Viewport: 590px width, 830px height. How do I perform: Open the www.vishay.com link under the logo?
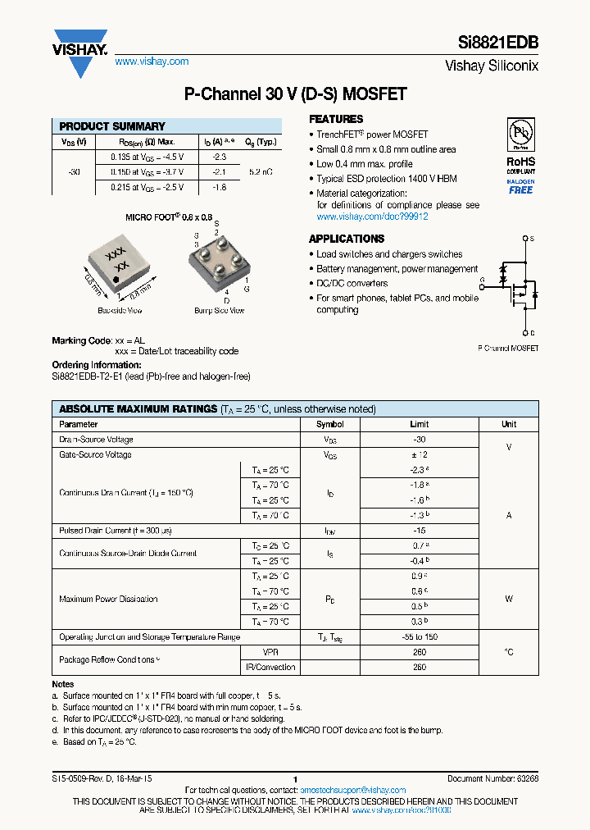coord(152,62)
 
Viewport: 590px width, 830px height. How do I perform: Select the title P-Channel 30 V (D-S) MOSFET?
coord(295,94)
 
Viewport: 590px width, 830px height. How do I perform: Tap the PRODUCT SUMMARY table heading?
coord(112,126)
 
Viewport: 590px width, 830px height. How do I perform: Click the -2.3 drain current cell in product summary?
coord(219,156)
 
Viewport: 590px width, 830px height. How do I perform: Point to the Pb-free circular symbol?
coord(520,134)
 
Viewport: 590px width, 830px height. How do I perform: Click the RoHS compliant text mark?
coord(520,162)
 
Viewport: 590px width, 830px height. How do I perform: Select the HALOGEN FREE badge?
coord(520,186)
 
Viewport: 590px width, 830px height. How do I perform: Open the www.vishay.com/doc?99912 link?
coord(372,217)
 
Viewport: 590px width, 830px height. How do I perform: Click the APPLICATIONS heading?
coord(347,239)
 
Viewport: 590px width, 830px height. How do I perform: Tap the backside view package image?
coord(120,267)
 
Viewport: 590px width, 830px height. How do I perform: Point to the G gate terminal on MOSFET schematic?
coord(483,280)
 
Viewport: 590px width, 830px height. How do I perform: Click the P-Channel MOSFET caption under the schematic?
coord(507,349)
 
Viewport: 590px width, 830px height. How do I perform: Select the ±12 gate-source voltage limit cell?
coord(419,454)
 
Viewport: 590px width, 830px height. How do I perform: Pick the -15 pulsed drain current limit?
coord(419,531)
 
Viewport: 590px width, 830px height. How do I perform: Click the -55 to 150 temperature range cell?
coord(419,636)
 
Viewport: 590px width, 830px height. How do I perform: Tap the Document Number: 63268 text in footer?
coord(492,778)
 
